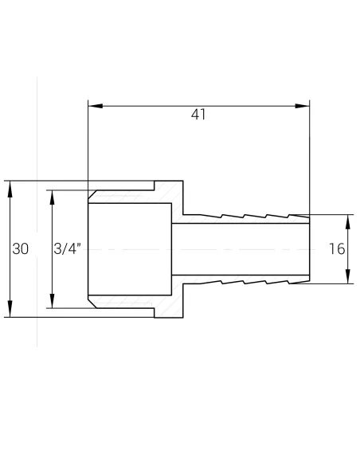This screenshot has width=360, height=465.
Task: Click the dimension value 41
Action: coord(198,115)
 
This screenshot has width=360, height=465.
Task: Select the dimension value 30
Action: coord(21,248)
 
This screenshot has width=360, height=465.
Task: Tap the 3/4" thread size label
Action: coord(68,248)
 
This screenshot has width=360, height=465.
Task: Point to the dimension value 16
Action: coord(336,248)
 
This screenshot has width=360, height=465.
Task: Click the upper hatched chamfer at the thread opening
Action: coord(95,195)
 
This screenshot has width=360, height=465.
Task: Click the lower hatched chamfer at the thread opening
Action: coord(95,303)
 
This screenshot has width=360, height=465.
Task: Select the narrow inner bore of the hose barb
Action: coord(239,248)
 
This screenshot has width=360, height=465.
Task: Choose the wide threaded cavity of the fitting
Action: coord(131,248)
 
